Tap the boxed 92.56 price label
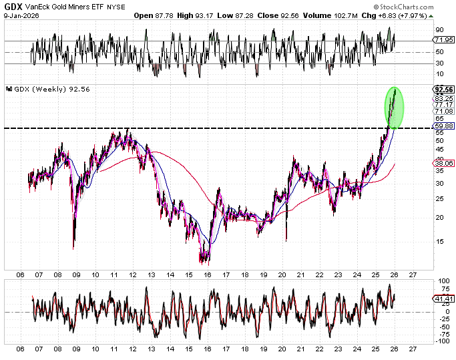click(x=443, y=89)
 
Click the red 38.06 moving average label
click(x=443, y=162)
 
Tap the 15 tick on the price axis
click(x=439, y=242)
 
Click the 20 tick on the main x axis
click(x=281, y=274)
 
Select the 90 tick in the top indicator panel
click(x=440, y=30)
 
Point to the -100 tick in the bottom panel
click(x=441, y=341)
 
